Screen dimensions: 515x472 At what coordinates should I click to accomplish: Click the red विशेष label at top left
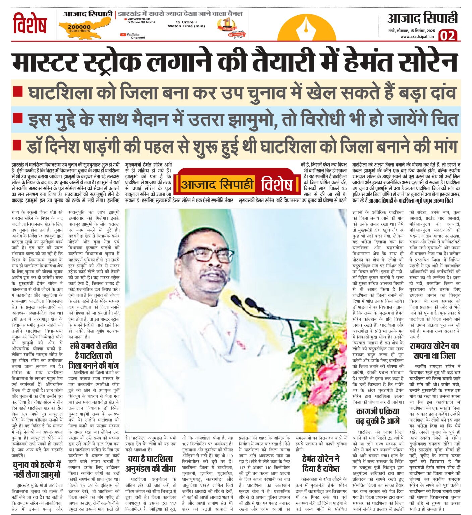pos(29,23)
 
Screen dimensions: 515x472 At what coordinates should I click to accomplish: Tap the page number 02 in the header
pos(448,35)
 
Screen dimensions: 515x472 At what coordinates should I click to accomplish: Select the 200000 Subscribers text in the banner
pos(79,28)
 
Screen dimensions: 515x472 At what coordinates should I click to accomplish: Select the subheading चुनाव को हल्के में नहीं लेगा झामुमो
pos(37,469)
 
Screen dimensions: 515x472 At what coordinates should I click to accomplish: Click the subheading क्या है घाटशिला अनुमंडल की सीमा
pos(151,464)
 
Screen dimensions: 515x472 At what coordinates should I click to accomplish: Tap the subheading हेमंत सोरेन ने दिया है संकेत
pos(321,463)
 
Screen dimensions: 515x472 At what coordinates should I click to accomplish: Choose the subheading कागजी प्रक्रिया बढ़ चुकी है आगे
pos(378,416)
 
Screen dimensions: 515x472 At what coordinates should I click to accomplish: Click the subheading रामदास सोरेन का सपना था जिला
pos(434,351)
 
